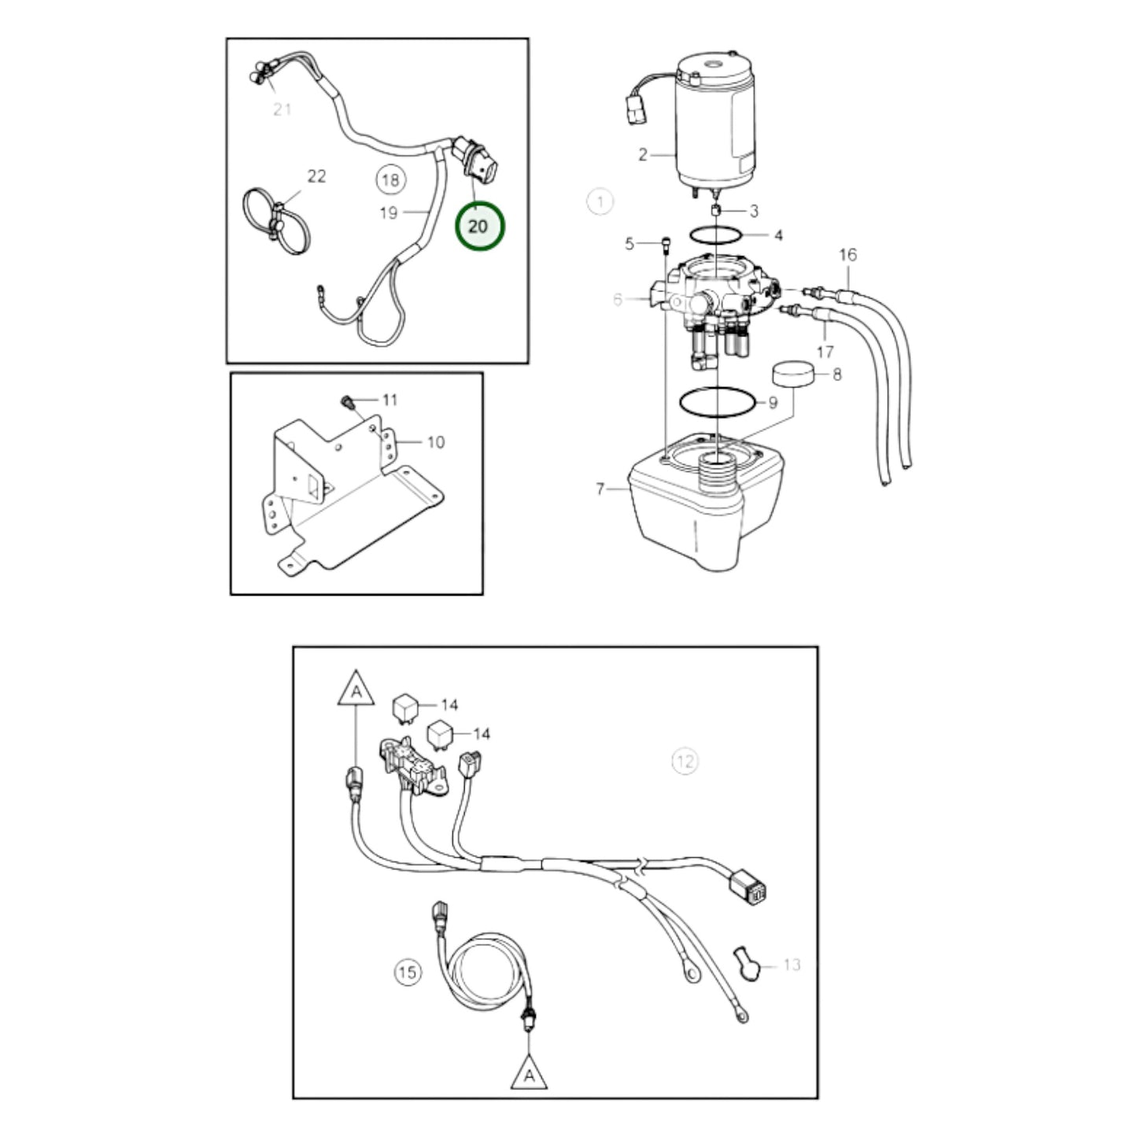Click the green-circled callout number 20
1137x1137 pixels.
[480, 226]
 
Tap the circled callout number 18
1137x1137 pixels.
[390, 179]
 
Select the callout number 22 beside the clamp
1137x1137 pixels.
[316, 176]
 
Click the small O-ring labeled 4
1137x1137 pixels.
[716, 234]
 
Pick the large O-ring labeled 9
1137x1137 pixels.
[717, 402]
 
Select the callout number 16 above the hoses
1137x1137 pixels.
[847, 255]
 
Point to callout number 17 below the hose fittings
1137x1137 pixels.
[825, 352]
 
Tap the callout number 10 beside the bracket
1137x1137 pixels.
[435, 442]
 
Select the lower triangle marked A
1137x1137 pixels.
[529, 1072]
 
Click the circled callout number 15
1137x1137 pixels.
[408, 972]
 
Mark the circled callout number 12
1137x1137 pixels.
[685, 761]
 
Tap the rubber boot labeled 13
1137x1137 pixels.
[746, 965]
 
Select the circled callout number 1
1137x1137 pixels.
[600, 201]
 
